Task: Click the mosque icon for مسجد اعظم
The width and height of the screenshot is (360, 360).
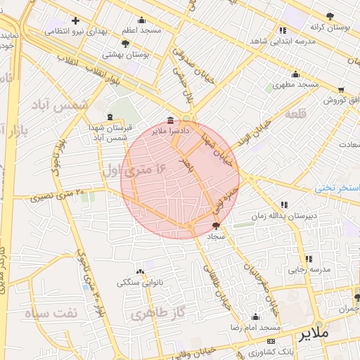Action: tap(142, 21)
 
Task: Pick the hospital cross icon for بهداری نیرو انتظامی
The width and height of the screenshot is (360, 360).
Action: tap(75, 20)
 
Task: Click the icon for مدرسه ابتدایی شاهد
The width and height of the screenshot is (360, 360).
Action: tap(283, 31)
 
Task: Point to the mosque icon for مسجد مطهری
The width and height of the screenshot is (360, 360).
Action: tap(296, 74)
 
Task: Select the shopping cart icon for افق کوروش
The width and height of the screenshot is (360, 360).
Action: tap(341, 90)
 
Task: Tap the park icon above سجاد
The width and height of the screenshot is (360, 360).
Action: tap(216, 226)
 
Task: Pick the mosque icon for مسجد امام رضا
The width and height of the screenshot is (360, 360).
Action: tap(255, 317)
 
